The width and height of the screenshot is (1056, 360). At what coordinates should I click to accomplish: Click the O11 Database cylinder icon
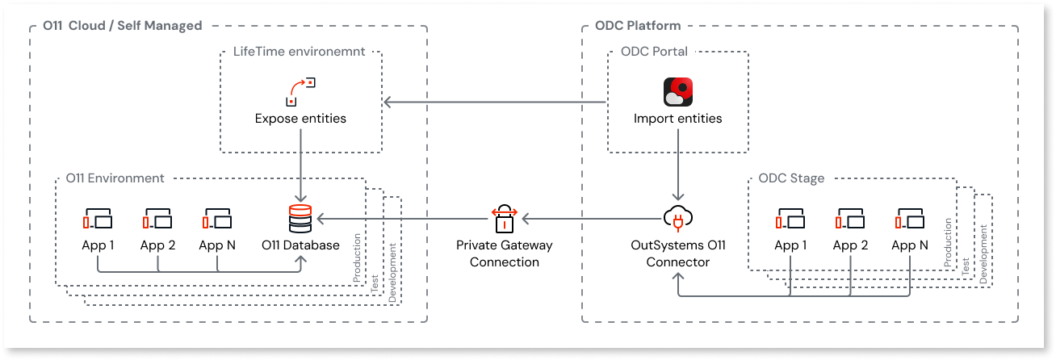coord(300,219)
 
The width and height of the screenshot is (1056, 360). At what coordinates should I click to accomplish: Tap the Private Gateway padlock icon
coord(503,218)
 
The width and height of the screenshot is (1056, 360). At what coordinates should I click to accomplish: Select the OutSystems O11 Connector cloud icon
coord(678,219)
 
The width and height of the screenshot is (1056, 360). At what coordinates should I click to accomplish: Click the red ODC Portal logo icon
coord(677,92)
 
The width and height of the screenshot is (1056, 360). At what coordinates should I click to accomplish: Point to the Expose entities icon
coord(300,92)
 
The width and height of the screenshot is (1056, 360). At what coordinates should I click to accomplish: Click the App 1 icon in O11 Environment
coord(98,219)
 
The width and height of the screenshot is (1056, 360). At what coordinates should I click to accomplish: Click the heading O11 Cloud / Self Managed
coord(122,26)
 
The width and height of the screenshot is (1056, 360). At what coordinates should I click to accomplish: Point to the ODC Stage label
coord(791,178)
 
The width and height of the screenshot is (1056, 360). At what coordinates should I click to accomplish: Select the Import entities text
coord(677,119)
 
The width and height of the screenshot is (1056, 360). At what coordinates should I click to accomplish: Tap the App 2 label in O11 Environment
coord(157,245)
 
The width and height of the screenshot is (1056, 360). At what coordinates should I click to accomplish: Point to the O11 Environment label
coord(115,178)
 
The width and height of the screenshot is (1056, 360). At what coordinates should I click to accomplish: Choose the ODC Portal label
coord(654,52)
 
